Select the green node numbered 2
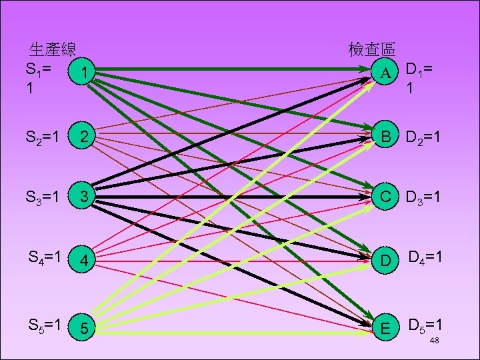pos(82,137)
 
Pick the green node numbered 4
pos(82,260)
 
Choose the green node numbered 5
pos(82,327)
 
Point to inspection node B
pos(385,137)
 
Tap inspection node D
pos(385,260)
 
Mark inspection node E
pos(385,327)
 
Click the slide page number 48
pos(434,341)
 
